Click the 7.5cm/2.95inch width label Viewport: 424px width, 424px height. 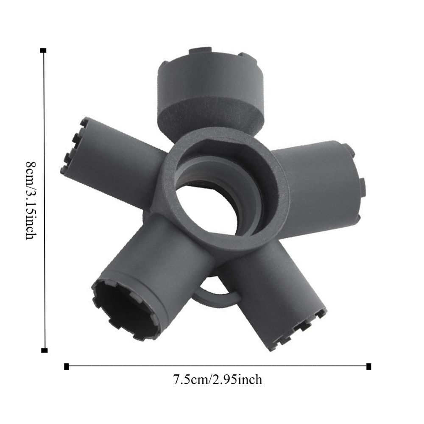coord(218,379)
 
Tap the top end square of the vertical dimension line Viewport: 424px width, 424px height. coord(43,50)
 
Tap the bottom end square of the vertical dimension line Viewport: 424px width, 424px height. coord(44,350)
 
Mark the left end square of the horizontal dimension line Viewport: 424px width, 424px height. coord(66,366)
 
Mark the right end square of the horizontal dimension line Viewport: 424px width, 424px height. coord(368,366)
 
